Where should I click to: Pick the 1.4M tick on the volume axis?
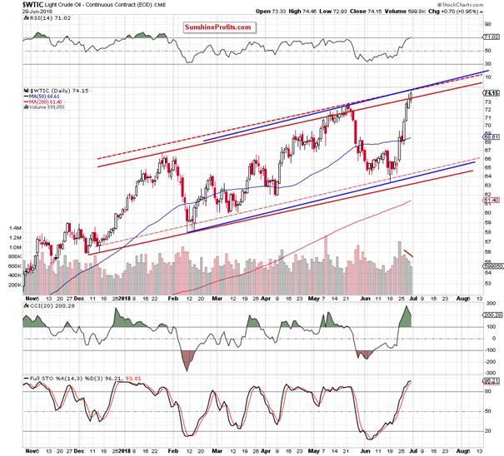point(13,226)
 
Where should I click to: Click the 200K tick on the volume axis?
point(13,285)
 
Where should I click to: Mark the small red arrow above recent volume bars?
point(409,252)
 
